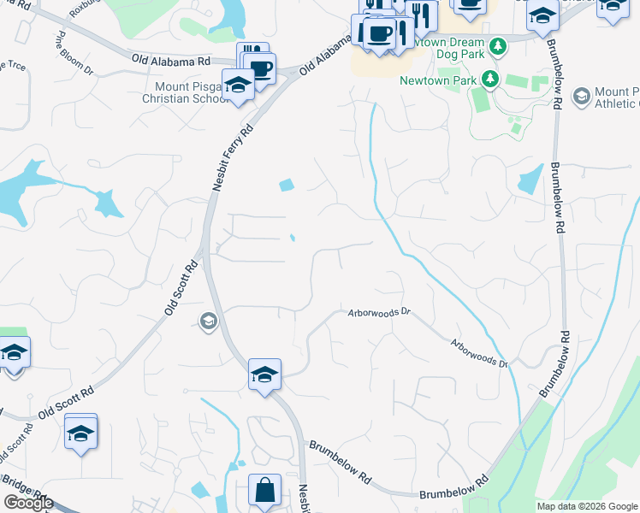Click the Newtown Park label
437,81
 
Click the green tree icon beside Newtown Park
489,80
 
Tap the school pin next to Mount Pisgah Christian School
238,85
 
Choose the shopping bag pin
265,491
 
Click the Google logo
28,503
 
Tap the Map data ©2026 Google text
587,506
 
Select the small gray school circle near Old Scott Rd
207,321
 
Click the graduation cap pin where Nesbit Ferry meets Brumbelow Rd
265,374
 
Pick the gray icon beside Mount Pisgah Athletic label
582,96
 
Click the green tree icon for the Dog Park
495,43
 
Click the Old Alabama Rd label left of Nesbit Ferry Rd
171,60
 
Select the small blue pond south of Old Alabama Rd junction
286,185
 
